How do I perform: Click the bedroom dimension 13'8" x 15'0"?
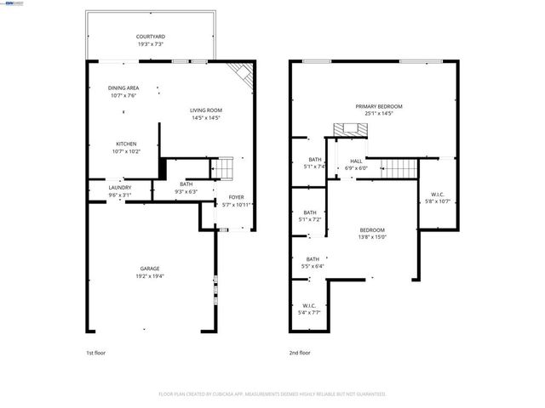372,237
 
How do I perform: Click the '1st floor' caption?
95,352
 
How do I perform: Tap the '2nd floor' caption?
300,352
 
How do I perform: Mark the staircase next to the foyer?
221,169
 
